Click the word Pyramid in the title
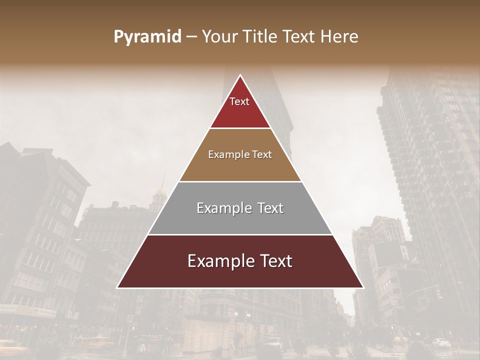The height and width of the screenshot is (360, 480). click(x=147, y=37)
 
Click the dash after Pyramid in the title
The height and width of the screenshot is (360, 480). click(x=191, y=37)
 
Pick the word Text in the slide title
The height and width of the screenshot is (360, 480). click(x=299, y=37)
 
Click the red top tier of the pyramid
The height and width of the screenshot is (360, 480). click(x=240, y=112)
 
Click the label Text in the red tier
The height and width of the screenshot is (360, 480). click(x=239, y=101)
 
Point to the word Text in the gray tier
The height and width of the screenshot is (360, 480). click(x=270, y=208)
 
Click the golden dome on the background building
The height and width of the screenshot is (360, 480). click(x=160, y=191)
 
